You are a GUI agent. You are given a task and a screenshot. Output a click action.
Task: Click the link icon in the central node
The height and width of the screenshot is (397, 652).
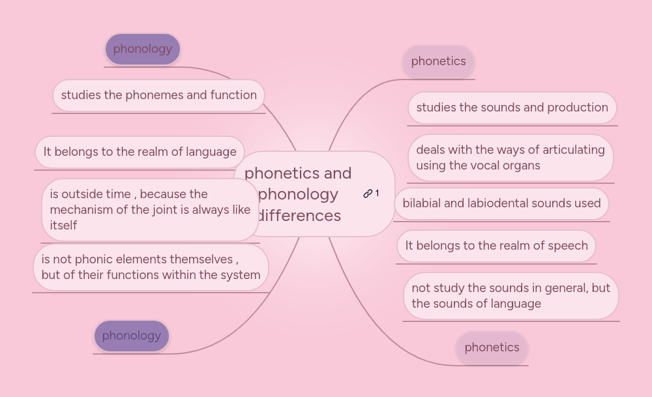click(x=368, y=194)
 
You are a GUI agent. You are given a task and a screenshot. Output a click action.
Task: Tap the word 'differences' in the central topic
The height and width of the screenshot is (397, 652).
click(x=299, y=215)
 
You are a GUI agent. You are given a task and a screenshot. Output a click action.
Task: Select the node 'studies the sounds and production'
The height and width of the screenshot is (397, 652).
click(x=512, y=108)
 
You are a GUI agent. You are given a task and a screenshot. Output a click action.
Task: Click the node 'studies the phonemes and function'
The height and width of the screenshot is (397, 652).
click(x=158, y=95)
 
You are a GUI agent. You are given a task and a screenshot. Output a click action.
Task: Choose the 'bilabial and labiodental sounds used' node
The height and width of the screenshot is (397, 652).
click(x=501, y=203)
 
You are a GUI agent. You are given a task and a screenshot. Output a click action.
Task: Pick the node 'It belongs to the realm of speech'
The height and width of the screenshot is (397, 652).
click(x=496, y=246)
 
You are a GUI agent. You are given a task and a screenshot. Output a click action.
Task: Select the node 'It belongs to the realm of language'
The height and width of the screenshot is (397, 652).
click(x=140, y=152)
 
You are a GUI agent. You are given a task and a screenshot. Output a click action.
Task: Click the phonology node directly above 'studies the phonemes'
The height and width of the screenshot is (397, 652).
click(x=142, y=49)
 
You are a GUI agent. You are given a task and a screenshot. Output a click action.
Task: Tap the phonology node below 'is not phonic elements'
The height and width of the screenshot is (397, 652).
click(x=131, y=336)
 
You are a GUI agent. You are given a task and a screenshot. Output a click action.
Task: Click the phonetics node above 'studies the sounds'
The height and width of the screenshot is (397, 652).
click(x=438, y=61)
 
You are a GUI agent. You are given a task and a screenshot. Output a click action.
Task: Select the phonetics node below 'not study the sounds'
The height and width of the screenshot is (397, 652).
click(x=492, y=347)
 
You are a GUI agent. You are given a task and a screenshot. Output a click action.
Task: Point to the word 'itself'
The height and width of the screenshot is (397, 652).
click(x=63, y=226)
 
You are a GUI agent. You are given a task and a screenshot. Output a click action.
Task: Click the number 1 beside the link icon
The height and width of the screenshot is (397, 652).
click(x=377, y=194)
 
